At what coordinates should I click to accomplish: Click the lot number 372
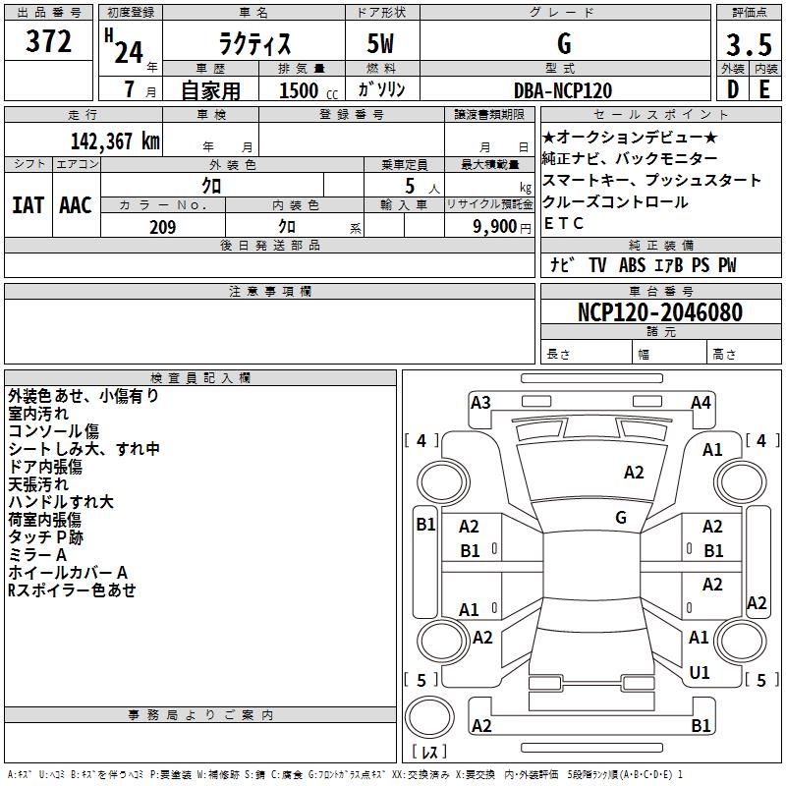click(x=49, y=42)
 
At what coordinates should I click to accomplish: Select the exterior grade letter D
click(x=732, y=89)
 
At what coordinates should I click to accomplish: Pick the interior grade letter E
click(x=764, y=89)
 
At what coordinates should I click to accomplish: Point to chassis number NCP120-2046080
click(x=659, y=312)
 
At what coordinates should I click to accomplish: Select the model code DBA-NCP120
click(x=563, y=90)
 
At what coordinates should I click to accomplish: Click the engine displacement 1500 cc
click(x=301, y=90)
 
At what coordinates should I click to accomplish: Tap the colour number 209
click(x=163, y=227)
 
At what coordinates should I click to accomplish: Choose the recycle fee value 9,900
click(x=493, y=227)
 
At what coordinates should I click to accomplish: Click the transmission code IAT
click(x=28, y=205)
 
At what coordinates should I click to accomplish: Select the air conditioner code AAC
click(x=76, y=205)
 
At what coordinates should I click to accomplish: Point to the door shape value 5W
click(x=382, y=45)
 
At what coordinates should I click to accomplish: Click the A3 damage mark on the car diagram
click(x=480, y=402)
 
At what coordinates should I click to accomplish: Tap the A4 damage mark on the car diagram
click(x=701, y=402)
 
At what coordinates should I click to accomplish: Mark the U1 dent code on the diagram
click(x=700, y=673)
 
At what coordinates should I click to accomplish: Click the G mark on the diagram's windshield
click(x=621, y=518)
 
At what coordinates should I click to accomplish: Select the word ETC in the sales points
click(x=564, y=223)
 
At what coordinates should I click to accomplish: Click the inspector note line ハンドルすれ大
click(x=61, y=502)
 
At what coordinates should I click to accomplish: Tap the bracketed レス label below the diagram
click(x=429, y=753)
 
